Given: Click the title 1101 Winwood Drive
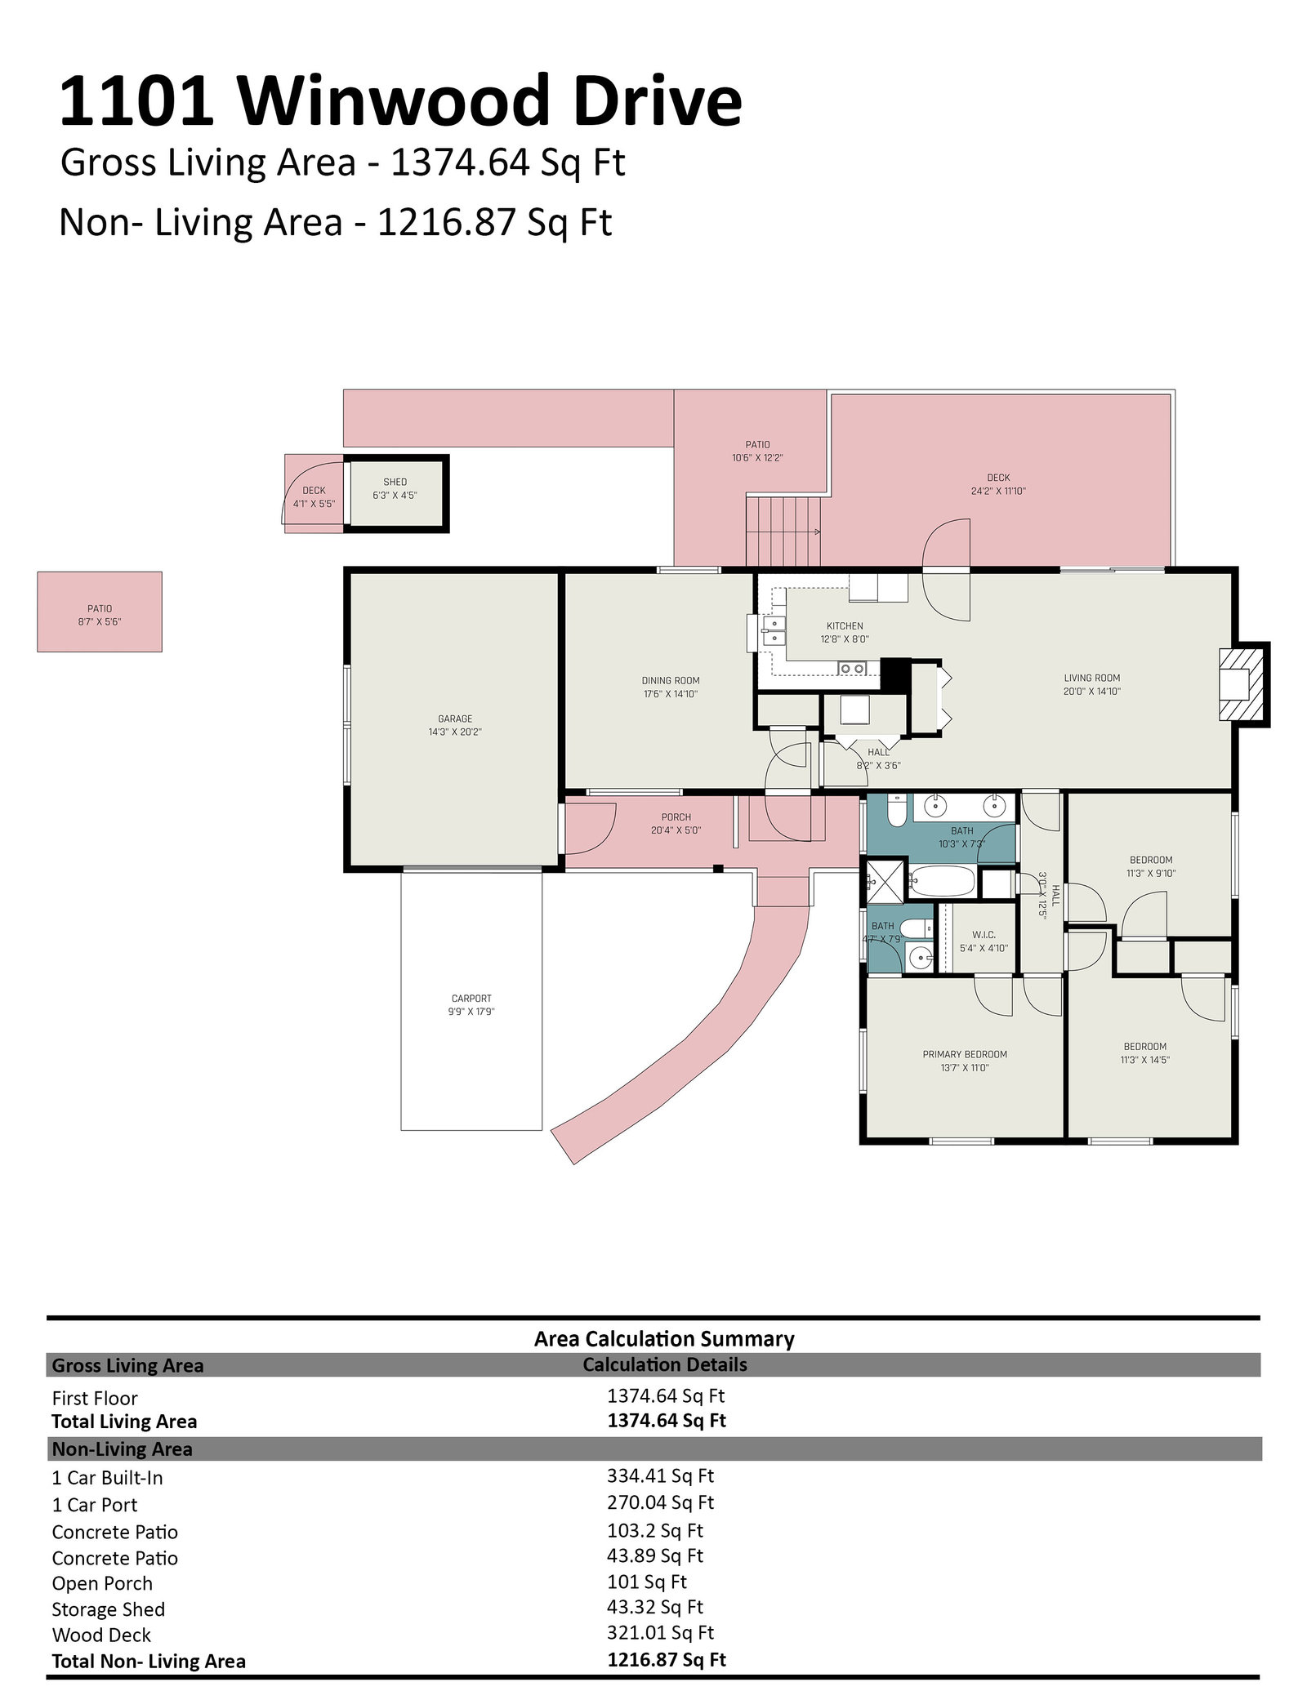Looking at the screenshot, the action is pyautogui.click(x=400, y=101).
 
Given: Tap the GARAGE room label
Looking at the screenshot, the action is pyautogui.click(x=455, y=719).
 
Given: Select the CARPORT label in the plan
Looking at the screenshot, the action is pyautogui.click(x=472, y=999).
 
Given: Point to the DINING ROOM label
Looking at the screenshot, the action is pyautogui.click(x=671, y=680).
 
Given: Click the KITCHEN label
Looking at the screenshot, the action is pyautogui.click(x=845, y=626).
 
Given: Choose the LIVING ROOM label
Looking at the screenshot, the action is pyautogui.click(x=1092, y=678).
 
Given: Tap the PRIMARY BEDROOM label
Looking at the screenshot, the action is pyautogui.click(x=965, y=1054).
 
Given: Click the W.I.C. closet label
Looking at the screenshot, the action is pyautogui.click(x=984, y=935).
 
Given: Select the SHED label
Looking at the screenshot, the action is pyautogui.click(x=395, y=482).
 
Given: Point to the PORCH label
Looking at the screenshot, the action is pyautogui.click(x=676, y=817).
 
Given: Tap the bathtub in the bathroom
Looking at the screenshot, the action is pyautogui.click(x=943, y=883).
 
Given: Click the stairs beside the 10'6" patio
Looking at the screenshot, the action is pyautogui.click(x=783, y=531).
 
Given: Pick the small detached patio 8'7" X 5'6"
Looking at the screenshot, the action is pyautogui.click(x=100, y=612).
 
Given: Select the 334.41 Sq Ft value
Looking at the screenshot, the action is pyautogui.click(x=660, y=1475).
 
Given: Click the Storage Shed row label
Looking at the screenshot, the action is pyautogui.click(x=108, y=1609).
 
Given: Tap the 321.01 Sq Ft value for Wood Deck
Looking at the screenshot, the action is pyautogui.click(x=660, y=1632).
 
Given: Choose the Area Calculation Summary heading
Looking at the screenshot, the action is pyautogui.click(x=664, y=1338).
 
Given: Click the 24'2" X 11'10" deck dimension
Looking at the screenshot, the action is pyautogui.click(x=998, y=492).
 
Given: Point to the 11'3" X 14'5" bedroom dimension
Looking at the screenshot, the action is pyautogui.click(x=1145, y=1060).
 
